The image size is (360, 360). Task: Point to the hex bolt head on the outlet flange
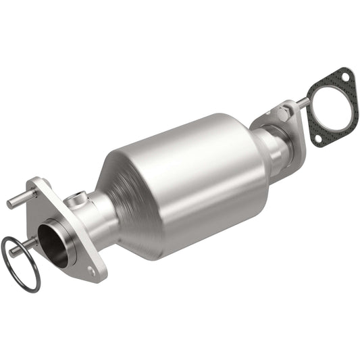click(x=282, y=109)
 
